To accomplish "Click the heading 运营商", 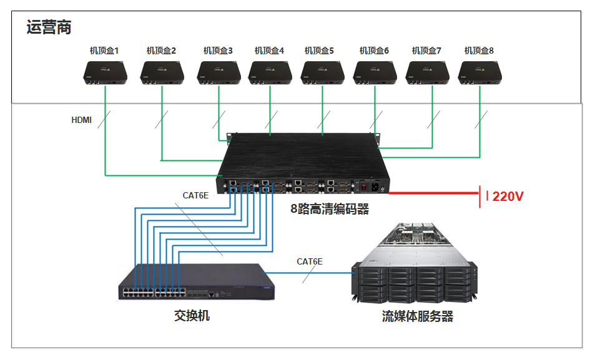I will [49, 27].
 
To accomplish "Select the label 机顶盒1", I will [104, 51].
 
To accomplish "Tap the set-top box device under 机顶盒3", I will [219, 72].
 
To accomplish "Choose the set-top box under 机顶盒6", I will [375, 72].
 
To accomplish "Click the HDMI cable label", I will [81, 120].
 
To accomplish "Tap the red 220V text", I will [508, 197].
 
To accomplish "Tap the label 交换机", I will [192, 316].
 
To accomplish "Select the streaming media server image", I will [416, 265].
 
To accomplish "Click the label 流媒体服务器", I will [418, 316].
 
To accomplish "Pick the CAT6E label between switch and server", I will [310, 261].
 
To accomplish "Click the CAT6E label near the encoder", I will [195, 195].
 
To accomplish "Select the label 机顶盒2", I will [161, 51].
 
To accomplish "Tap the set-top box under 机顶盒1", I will [106, 72].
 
